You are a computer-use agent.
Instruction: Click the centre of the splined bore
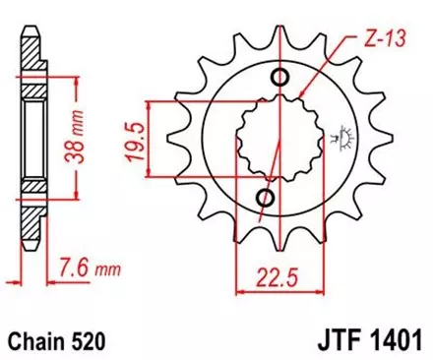click(x=273, y=140)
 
